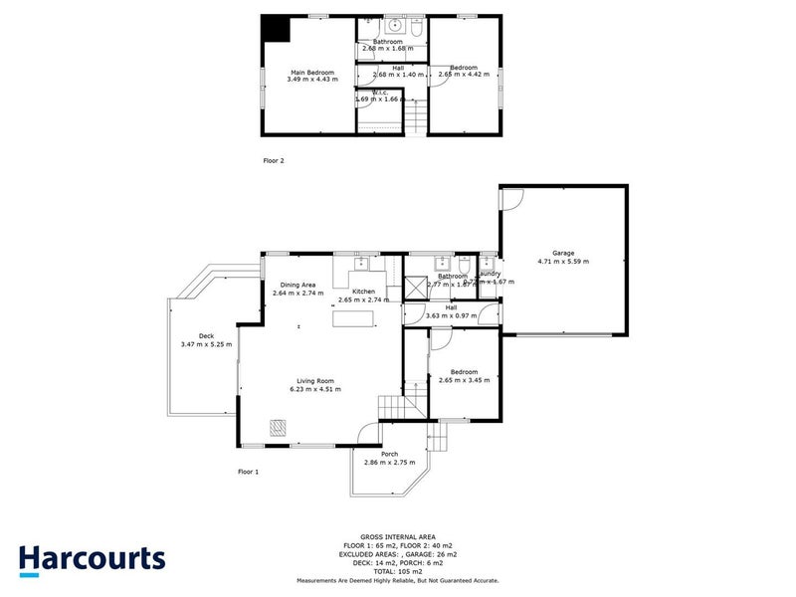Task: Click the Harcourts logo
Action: tap(92, 559)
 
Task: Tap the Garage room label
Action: tap(563, 253)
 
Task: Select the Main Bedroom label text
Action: tap(310, 72)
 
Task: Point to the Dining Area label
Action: tap(298, 285)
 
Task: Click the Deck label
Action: tap(206, 336)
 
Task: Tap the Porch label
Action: tap(389, 455)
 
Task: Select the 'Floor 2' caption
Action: tap(274, 159)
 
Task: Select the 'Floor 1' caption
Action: tap(248, 471)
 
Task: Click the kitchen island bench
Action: tap(355, 318)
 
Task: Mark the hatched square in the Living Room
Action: tap(278, 428)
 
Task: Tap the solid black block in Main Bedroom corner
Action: tap(274, 29)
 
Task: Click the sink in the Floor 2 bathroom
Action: tap(394, 26)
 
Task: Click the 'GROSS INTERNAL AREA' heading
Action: tap(397, 536)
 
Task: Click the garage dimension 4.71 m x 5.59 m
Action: tap(563, 262)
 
